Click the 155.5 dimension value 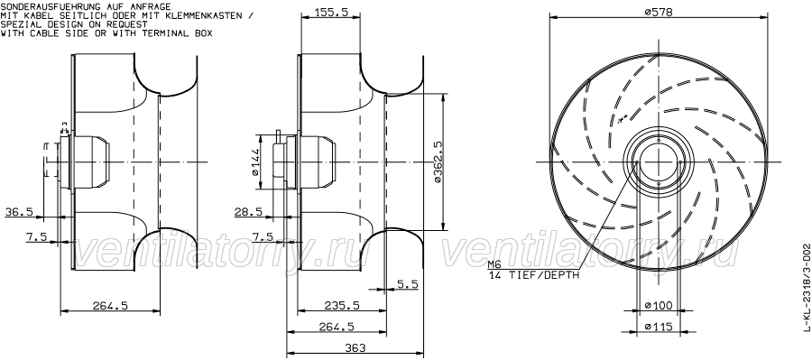(x=330, y=13)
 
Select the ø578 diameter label (x=659, y=13)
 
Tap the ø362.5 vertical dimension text (x=438, y=162)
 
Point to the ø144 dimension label (x=254, y=163)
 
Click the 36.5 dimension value (x=19, y=212)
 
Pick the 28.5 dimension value (x=249, y=212)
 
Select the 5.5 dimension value (x=408, y=283)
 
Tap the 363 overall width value (x=355, y=347)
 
